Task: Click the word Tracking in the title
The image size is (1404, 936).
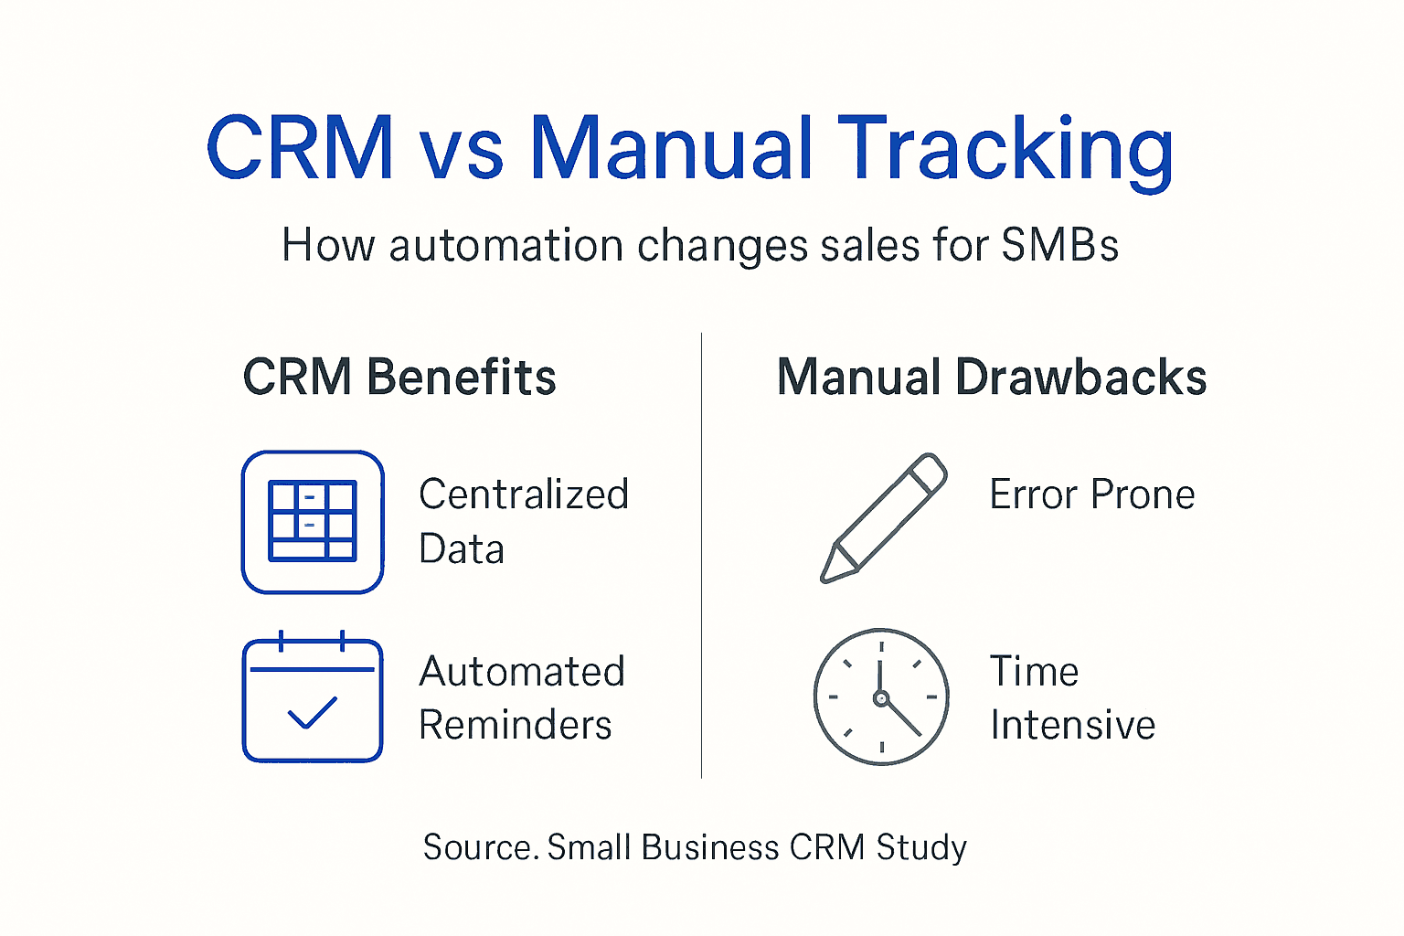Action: [x=1005, y=148]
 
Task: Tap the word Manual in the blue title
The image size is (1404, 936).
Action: [x=672, y=148]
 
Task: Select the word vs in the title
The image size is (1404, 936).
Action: [x=461, y=151]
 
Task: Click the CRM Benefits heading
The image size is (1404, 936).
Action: [x=399, y=377]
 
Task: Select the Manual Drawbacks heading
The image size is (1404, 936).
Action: [x=992, y=377]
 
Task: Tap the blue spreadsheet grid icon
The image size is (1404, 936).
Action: [x=313, y=522]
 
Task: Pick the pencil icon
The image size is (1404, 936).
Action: [x=883, y=518]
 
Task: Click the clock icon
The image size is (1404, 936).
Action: [x=881, y=697]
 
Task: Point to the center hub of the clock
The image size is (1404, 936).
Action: [x=881, y=698]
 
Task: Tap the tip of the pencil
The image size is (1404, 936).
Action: [x=826, y=576]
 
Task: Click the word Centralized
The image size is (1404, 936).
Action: [x=524, y=495]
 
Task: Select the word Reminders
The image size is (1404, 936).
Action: [x=516, y=725]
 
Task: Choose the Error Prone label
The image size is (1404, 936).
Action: [x=1092, y=495]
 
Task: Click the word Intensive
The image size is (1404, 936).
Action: [x=1073, y=725]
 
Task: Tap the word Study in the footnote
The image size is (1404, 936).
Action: [x=921, y=847]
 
